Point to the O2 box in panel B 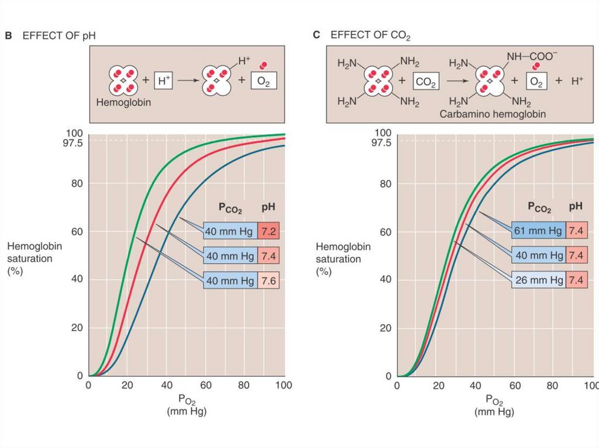coord(264,81)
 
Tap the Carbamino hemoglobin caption coord(493,114)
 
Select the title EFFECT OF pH coord(58,36)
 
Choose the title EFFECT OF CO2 coord(370,36)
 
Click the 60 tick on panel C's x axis coord(515,386)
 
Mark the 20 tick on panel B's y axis coord(77,328)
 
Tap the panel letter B coord(8,36)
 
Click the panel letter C coord(316,36)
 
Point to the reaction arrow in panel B coord(187,81)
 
